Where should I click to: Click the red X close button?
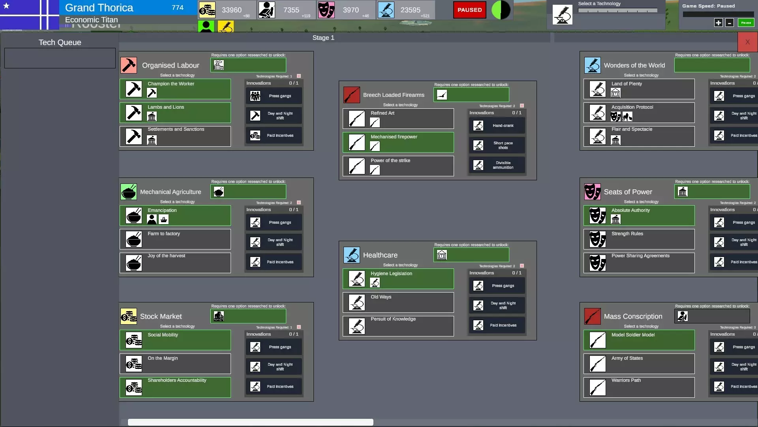pyautogui.click(x=747, y=42)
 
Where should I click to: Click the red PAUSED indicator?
pyautogui.click(x=469, y=10)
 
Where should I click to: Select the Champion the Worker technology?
pyautogui.click(x=175, y=89)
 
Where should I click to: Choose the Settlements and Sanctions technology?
pyautogui.click(x=175, y=136)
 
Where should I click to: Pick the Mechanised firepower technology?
pyautogui.click(x=398, y=142)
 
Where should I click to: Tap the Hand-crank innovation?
pyautogui.click(x=497, y=126)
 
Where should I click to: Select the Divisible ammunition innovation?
pyautogui.click(x=497, y=165)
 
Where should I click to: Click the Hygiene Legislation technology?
pyautogui.click(x=398, y=279)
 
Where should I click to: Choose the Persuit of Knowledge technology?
pyautogui.click(x=398, y=326)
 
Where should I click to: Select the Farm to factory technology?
pyautogui.click(x=175, y=239)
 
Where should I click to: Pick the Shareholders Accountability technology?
pyautogui.click(x=175, y=387)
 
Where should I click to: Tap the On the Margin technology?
pyautogui.click(x=175, y=364)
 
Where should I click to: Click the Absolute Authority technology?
pyautogui.click(x=639, y=215)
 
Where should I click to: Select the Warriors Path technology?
pyautogui.click(x=639, y=387)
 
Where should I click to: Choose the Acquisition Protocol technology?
pyautogui.click(x=639, y=113)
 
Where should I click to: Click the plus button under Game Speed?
pyautogui.click(x=719, y=23)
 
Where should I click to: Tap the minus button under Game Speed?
pyautogui.click(x=730, y=23)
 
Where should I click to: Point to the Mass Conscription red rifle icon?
pyautogui.click(x=592, y=316)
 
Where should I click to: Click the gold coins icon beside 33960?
pyautogui.click(x=207, y=10)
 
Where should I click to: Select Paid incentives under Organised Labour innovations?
pyautogui.click(x=274, y=136)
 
